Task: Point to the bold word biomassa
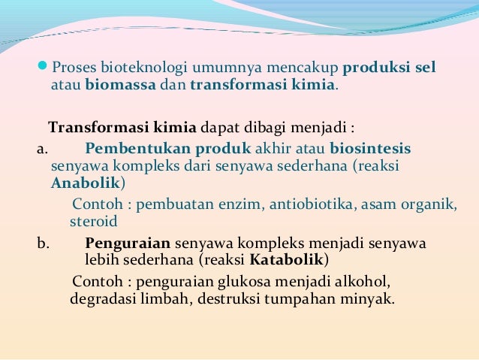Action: tap(119, 85)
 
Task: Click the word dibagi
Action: tap(259, 126)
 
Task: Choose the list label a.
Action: tap(41, 148)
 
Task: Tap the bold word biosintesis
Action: tap(370, 148)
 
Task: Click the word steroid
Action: tap(94, 222)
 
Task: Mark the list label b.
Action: tap(42, 244)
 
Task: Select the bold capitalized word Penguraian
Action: tap(128, 244)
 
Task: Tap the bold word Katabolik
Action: tap(288, 261)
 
